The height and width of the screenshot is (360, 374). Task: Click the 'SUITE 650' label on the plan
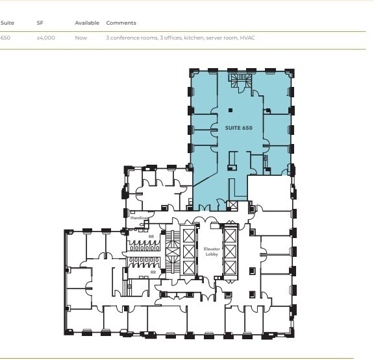(238, 128)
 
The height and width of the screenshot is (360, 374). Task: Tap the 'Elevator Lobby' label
(212, 252)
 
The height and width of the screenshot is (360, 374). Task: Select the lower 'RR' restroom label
(153, 272)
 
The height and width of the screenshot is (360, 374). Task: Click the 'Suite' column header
(7, 23)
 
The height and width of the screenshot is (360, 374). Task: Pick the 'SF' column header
(40, 23)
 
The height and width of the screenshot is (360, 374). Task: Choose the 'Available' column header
(87, 23)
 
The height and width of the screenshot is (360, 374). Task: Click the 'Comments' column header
(121, 23)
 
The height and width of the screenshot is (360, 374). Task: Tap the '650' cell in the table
(6, 38)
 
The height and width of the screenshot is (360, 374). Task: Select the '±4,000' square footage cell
(45, 38)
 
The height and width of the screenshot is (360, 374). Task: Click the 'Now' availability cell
(81, 38)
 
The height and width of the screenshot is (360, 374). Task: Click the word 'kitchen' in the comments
(193, 38)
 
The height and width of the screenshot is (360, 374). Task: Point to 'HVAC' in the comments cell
(247, 38)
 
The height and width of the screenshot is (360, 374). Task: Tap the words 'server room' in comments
(222, 38)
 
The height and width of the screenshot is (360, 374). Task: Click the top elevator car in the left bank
(188, 234)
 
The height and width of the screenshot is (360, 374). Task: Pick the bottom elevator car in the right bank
(231, 267)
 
